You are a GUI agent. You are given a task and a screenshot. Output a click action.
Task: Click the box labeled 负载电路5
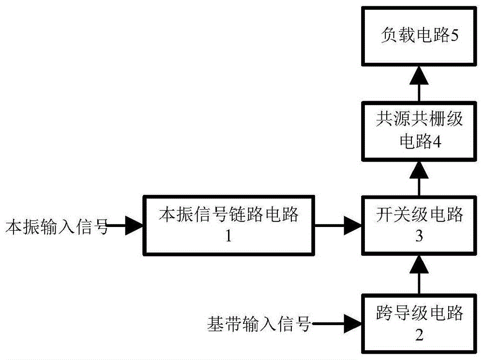[419, 37]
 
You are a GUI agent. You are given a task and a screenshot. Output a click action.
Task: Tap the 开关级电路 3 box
[419, 225]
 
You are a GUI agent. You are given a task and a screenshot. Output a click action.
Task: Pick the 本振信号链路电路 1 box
[229, 225]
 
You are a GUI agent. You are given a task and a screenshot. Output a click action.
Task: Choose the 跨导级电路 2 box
[419, 323]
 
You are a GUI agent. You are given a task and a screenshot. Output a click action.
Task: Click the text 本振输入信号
[56, 226]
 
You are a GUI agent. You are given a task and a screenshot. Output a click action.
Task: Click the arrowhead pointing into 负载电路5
[419, 74]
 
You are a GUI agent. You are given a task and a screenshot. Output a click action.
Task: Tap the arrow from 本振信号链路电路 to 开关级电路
[339, 225]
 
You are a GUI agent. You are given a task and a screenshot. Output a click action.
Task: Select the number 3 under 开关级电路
[419, 237]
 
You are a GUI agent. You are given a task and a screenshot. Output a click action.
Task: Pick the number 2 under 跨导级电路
[419, 335]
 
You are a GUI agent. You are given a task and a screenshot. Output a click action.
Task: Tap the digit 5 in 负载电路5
[454, 37]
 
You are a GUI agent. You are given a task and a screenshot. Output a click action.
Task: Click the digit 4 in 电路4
[436, 142]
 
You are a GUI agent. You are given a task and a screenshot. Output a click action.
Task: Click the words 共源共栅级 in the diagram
[419, 119]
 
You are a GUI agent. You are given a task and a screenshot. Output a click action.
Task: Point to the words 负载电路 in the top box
[414, 37]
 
